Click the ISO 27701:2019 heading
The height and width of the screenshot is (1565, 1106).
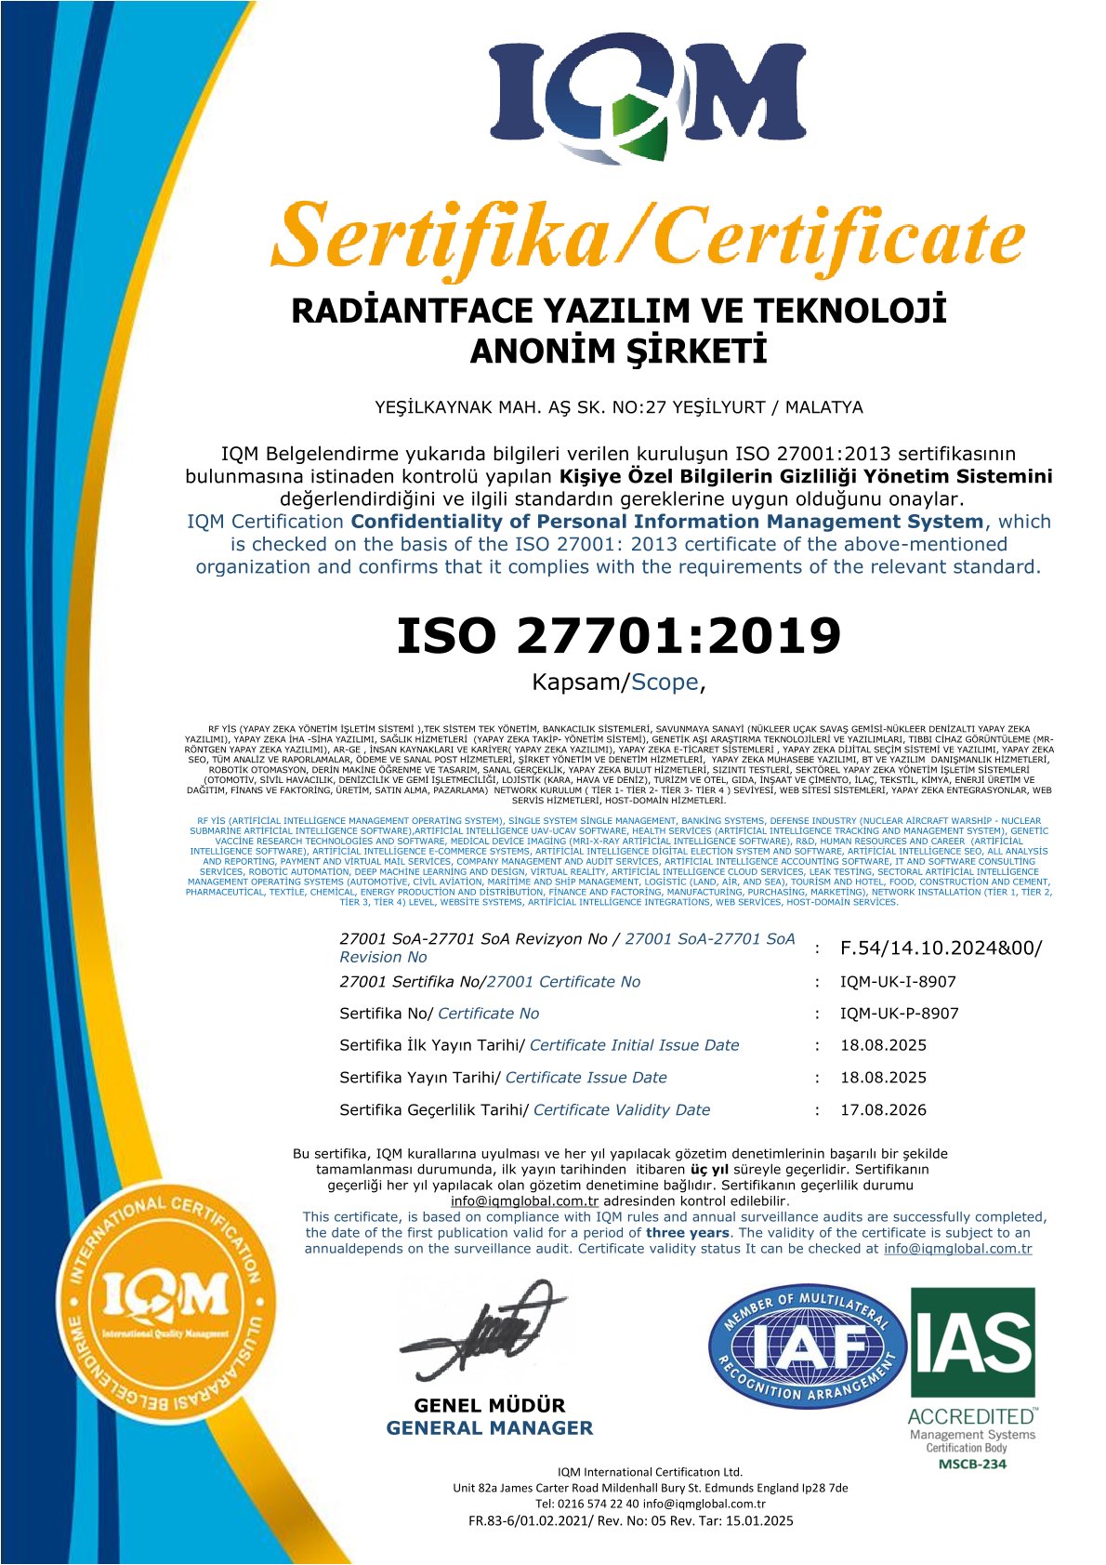tap(618, 636)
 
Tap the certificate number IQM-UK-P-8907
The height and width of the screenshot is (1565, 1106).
tap(899, 1014)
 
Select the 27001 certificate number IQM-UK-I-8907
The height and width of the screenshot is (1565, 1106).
tap(898, 982)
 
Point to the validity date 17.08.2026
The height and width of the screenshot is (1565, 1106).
tap(883, 1110)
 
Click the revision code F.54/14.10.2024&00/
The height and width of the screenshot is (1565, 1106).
tap(941, 948)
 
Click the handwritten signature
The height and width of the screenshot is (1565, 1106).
tap(481, 1333)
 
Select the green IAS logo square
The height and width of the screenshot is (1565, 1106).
tap(972, 1342)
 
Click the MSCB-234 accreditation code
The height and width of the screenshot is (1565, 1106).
tap(972, 1464)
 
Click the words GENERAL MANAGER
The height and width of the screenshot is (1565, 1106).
tap(489, 1428)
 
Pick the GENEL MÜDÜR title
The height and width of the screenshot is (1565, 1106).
tap(489, 1405)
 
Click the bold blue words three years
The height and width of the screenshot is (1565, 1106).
tap(687, 1233)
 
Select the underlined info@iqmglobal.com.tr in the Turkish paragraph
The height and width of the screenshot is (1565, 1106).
tap(524, 1201)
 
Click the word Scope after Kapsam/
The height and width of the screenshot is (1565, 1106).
tap(665, 683)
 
